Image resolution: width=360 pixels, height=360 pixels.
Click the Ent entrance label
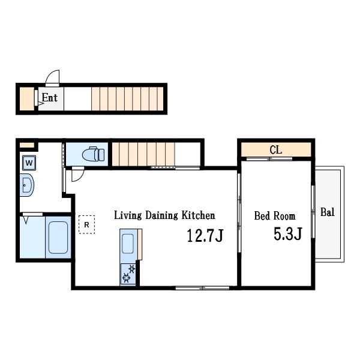50,98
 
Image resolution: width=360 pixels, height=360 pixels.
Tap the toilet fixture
93,154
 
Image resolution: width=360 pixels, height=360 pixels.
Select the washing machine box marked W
29,163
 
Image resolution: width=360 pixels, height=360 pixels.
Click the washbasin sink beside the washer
27,185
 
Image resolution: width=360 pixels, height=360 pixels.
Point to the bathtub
58,238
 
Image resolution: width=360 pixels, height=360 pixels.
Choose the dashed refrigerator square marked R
87,224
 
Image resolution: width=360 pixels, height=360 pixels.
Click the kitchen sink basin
128,244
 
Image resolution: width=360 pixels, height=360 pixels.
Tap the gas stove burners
128,274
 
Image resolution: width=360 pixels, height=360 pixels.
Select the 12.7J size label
205,236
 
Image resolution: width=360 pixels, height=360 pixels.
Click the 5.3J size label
287,234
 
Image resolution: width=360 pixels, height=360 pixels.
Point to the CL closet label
275,150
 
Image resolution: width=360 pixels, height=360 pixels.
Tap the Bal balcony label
328,212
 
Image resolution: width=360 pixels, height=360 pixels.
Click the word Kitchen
199,215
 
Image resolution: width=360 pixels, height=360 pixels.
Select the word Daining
161,215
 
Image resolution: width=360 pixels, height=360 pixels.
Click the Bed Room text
275,216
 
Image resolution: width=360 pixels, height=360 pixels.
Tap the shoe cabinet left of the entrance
27,99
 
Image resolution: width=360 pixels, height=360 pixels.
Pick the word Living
128,215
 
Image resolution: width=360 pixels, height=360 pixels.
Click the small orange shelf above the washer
27,145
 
